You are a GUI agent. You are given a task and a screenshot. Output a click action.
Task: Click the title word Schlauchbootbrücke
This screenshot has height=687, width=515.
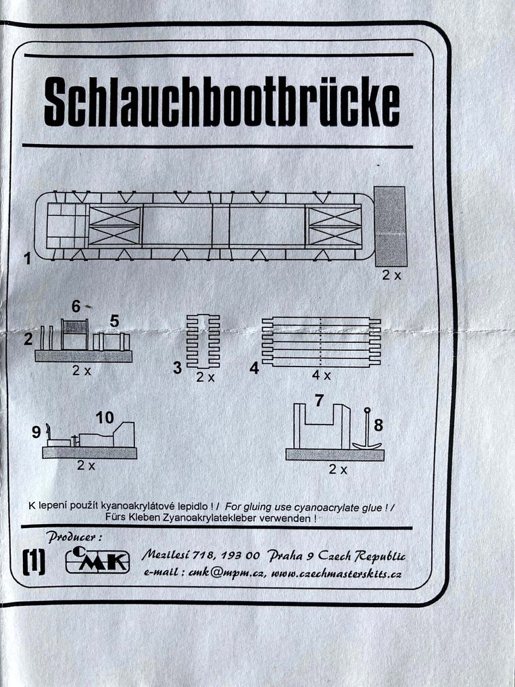point(221,105)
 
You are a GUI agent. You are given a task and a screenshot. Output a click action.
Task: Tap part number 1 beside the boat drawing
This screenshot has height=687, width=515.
point(27,259)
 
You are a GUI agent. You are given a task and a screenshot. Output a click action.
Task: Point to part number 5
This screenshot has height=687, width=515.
point(114,321)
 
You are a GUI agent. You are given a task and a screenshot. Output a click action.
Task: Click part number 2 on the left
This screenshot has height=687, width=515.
point(28,339)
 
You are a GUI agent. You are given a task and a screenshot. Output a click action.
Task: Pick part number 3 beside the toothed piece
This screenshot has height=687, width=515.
point(177,368)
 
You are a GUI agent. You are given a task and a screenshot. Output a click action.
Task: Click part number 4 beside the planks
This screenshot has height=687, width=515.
point(253,368)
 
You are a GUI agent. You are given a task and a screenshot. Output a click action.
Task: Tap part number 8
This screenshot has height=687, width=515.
point(378,425)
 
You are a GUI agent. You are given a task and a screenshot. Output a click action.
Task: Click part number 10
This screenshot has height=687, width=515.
point(104,417)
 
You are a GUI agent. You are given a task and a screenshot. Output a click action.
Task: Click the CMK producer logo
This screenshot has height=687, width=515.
point(97,561)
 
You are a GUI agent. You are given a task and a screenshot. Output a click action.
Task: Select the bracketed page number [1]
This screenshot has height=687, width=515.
point(34,562)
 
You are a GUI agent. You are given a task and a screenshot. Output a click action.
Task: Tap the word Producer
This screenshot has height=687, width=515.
point(74,537)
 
